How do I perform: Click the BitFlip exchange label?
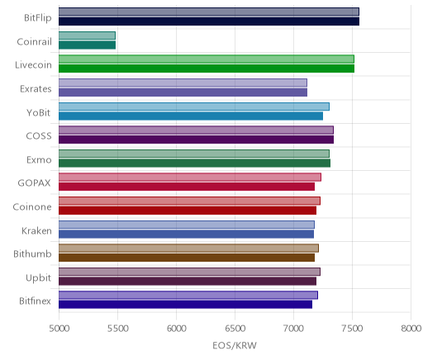[38, 18]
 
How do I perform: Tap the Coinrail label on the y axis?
[34, 41]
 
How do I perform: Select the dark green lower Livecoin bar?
[207, 69]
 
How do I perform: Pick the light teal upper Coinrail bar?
[87, 36]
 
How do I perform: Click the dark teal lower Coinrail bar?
[87, 45]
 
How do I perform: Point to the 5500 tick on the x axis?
[117, 329]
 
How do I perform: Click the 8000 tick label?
[411, 329]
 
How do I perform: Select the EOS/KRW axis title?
[235, 345]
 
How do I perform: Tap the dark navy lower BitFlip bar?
[209, 21]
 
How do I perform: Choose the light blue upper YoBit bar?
[194, 107]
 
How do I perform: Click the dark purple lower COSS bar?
[197, 140]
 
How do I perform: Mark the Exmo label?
[39, 160]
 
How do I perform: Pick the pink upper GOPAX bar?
[190, 178]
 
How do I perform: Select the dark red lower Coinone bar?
[188, 211]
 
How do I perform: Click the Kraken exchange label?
[36, 230]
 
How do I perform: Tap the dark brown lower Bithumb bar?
[187, 258]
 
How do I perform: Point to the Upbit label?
[38, 278]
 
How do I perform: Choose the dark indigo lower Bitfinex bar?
[186, 305]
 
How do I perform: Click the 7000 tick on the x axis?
[293, 329]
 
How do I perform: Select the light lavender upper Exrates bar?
[183, 83]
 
